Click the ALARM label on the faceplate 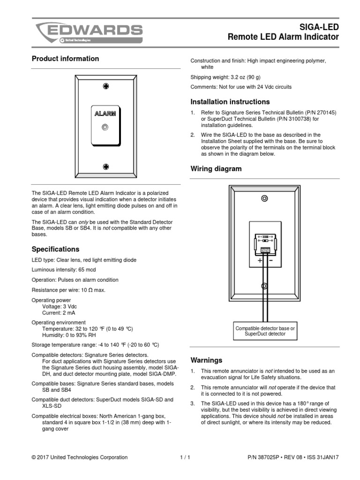tap(105, 113)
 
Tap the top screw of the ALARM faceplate tap(106, 87)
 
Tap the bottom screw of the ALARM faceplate tap(106, 166)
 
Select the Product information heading tap(65, 59)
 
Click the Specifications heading tap(55, 249)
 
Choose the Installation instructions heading tap(230, 102)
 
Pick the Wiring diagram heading tap(216, 169)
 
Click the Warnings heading tap(206, 360)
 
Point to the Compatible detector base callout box tap(265, 331)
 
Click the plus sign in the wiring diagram tap(260, 261)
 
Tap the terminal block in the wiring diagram tap(265, 250)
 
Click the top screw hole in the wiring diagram tap(265, 199)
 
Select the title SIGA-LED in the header tap(321, 28)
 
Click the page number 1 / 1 tap(185, 457)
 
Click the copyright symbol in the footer tap(33, 457)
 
